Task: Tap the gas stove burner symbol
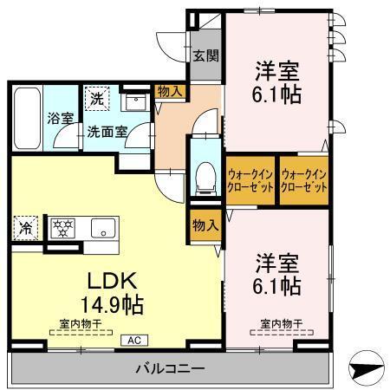[62, 230]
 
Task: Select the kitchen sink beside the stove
[101, 231]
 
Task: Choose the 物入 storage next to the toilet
[205, 225]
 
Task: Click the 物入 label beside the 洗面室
[169, 90]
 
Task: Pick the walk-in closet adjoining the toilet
[250, 180]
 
